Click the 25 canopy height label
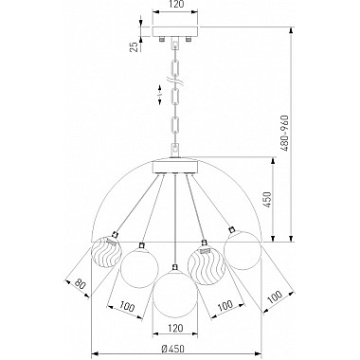pos(135,47)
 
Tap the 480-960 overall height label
pos(284,133)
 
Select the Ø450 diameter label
pos(172,349)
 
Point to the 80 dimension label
pos(81,284)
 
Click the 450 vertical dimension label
pos(267,199)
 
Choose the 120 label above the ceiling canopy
pos(175,4)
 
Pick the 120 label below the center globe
pos(175,328)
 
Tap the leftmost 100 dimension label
pos(127,306)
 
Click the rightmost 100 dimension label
pos(274,297)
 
